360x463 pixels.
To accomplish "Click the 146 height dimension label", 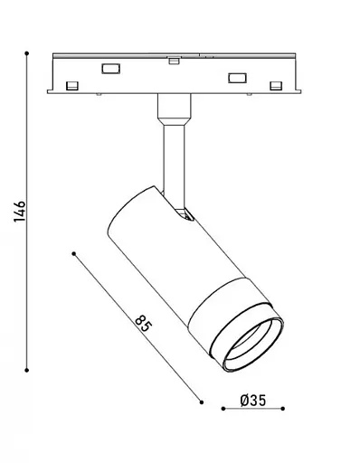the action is [x=20, y=211].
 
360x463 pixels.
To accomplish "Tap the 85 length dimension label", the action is [x=143, y=323].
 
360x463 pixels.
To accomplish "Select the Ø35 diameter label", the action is [x=253, y=401].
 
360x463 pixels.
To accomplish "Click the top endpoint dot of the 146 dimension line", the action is [x=27, y=53].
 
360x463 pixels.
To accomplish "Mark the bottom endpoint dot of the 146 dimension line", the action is [x=27, y=370].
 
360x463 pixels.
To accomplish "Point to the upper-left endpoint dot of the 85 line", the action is [x=74, y=254].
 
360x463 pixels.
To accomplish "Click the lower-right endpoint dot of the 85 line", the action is [x=202, y=402].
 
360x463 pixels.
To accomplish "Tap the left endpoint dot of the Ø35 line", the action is [x=223, y=409].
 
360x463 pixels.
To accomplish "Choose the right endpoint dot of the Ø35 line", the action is [x=282, y=409].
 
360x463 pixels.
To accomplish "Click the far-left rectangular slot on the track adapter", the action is [x=72, y=86].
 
